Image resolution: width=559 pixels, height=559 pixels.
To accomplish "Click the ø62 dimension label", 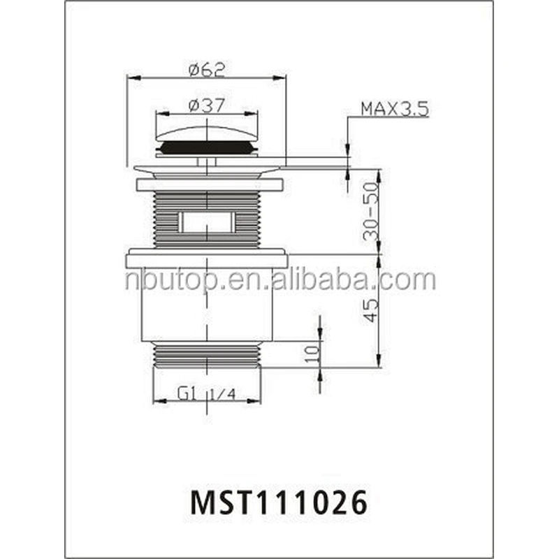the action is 207,69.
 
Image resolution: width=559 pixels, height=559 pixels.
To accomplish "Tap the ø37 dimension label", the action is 207,105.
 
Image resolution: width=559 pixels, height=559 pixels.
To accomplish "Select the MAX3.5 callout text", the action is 395,109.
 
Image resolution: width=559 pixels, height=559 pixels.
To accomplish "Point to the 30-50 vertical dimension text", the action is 370,211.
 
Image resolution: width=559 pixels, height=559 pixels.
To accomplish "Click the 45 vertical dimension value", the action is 371,310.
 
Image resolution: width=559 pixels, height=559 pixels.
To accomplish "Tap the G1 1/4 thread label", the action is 206,394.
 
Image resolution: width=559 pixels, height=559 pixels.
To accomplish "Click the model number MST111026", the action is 279,502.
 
